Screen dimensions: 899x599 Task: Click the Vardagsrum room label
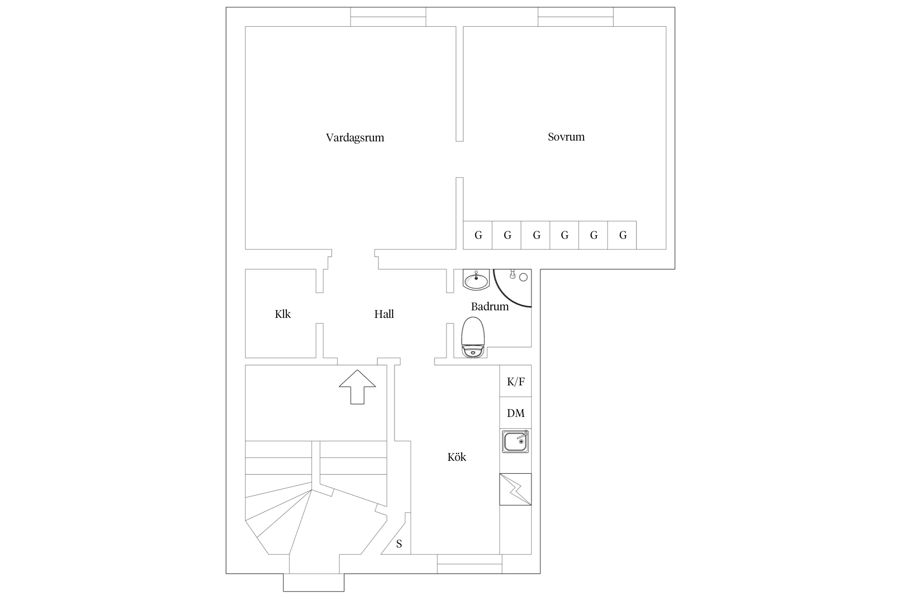tap(355, 138)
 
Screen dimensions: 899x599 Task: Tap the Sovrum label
tap(566, 137)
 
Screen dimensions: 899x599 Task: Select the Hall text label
tap(384, 314)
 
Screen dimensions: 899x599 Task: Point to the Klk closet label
tap(283, 314)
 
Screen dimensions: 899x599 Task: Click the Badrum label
tap(490, 307)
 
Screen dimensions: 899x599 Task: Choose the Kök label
tap(457, 457)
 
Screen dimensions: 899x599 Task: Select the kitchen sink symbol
tap(515, 441)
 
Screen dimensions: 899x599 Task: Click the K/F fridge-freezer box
tap(515, 381)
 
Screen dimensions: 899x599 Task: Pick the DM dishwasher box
tap(515, 413)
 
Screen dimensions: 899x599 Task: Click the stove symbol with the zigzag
tap(515, 489)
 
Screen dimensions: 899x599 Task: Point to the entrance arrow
tap(358, 387)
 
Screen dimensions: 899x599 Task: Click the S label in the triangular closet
tap(399, 544)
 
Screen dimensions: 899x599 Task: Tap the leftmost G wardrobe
tap(478, 235)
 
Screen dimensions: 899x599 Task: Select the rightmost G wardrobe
tap(622, 235)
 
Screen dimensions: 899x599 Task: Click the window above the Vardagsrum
tap(388, 17)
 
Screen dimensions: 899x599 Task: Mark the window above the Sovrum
tap(576, 17)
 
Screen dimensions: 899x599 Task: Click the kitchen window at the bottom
tap(469, 564)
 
